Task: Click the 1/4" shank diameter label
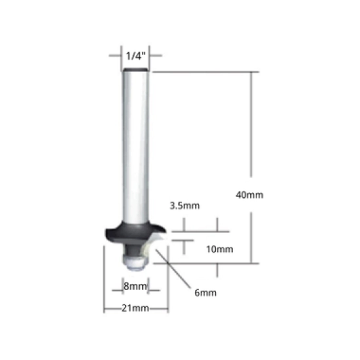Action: pos(135,56)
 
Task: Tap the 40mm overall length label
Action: pos(249,195)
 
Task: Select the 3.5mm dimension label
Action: pos(185,206)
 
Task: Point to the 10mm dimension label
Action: pos(220,249)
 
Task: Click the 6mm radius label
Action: pos(206,293)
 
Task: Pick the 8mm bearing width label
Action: pos(135,286)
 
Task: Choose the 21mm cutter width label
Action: pos(135,308)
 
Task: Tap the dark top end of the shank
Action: pos(135,69)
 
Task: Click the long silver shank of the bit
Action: pos(135,147)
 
